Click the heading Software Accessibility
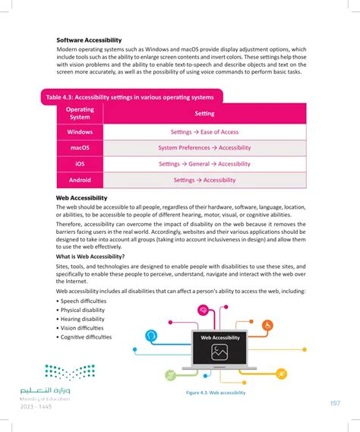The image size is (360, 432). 89,39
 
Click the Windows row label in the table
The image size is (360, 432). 80,132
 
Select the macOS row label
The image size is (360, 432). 80,148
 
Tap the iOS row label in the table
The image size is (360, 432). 80,164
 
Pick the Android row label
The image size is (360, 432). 80,180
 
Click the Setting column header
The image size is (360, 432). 204,114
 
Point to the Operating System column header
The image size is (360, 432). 80,114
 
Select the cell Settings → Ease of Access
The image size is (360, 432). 204,132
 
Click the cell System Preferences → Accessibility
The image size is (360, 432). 204,148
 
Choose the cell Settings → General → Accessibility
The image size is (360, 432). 204,164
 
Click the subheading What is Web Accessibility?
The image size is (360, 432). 91,257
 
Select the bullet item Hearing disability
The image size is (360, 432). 84,319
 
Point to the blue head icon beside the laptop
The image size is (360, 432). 152,334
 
